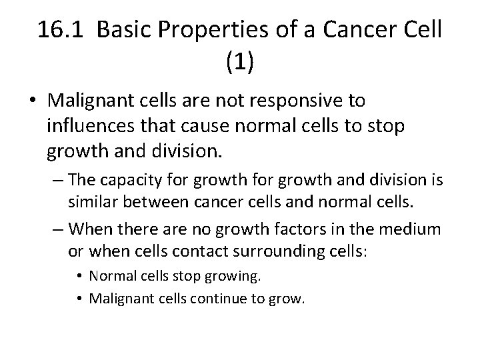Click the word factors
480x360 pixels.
[301, 229]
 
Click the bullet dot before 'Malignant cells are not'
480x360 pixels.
[33, 102]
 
